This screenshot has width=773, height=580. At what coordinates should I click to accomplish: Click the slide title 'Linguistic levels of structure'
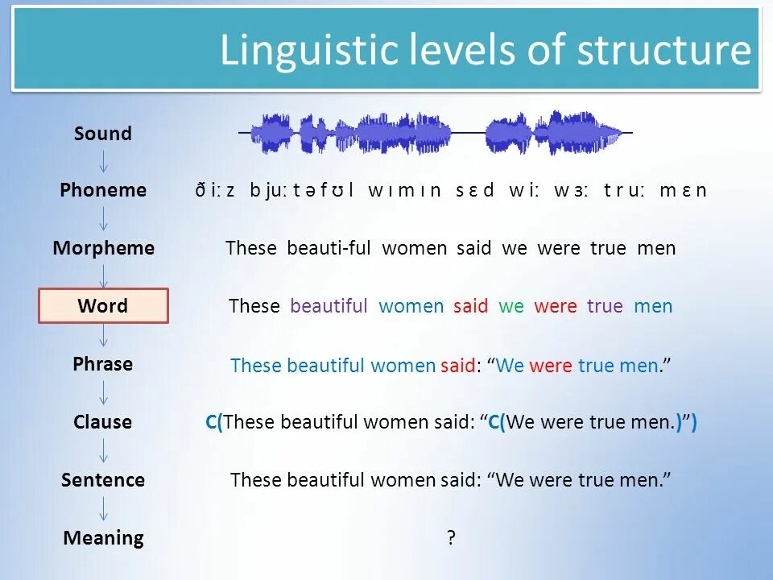click(x=485, y=50)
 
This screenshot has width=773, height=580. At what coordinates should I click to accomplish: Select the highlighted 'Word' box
click(x=104, y=306)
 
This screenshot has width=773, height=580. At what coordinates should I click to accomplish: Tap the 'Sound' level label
click(x=103, y=134)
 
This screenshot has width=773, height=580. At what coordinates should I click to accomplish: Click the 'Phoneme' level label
click(x=103, y=190)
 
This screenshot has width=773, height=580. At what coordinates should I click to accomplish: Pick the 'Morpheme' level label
click(x=103, y=248)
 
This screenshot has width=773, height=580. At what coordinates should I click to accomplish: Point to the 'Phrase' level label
click(x=103, y=364)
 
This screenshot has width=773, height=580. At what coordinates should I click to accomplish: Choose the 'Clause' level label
click(x=103, y=422)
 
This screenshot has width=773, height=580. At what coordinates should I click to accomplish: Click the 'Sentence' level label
click(x=103, y=480)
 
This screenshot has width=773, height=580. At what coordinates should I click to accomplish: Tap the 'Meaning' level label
click(x=103, y=538)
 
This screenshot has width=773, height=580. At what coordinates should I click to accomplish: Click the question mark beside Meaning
click(x=451, y=538)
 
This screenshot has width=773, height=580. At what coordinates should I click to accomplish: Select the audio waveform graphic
click(x=436, y=132)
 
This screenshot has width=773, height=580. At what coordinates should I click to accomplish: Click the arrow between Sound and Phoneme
click(x=104, y=161)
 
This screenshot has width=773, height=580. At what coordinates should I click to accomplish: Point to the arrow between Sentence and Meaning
click(x=104, y=509)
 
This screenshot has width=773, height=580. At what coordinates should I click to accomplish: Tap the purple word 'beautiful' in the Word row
click(x=329, y=306)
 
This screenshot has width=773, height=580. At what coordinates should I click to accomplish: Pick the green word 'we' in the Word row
click(x=511, y=306)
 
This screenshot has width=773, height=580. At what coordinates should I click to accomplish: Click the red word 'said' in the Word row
click(x=470, y=306)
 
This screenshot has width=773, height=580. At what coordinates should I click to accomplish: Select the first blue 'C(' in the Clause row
click(x=215, y=422)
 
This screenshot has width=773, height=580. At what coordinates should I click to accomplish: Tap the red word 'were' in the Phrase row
click(x=551, y=366)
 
